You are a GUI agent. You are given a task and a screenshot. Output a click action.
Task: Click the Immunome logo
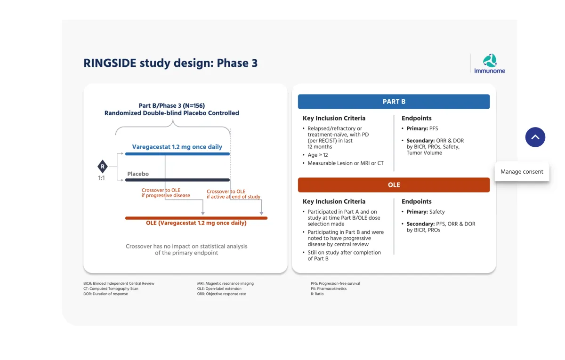pyautogui.click(x=490, y=64)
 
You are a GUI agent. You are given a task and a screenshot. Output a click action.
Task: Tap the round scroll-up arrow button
pyautogui.click(x=535, y=137)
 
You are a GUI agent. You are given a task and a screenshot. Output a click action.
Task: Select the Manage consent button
pyautogui.click(x=522, y=172)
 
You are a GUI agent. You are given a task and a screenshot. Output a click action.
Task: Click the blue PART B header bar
pyautogui.click(x=394, y=102)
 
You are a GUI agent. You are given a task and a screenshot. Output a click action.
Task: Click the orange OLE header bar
pyautogui.click(x=394, y=185)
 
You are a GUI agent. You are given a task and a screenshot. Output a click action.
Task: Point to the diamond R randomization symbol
pyautogui.click(x=102, y=167)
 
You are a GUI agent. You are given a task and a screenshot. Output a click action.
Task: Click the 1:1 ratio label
pyautogui.click(x=102, y=178)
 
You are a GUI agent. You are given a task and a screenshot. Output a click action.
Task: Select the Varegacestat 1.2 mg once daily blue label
pyautogui.click(x=177, y=147)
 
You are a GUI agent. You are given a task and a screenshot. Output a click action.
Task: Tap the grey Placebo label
pyautogui.click(x=138, y=174)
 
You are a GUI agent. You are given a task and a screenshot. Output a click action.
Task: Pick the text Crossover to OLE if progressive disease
pyautogui.click(x=166, y=193)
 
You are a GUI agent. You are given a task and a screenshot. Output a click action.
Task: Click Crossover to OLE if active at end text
pyautogui.click(x=234, y=194)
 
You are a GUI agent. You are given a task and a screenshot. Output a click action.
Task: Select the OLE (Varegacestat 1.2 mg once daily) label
pyautogui.click(x=196, y=223)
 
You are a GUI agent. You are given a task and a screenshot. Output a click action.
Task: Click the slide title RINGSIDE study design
pyautogui.click(x=170, y=63)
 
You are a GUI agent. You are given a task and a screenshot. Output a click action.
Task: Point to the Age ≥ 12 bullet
pyautogui.click(x=318, y=155)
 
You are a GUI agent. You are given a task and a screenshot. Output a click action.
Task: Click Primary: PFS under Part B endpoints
pyautogui.click(x=422, y=128)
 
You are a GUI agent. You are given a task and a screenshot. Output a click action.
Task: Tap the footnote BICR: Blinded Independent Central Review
pyautogui.click(x=119, y=283)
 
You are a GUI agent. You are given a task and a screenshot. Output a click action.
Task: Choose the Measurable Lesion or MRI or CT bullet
pyautogui.click(x=346, y=163)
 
